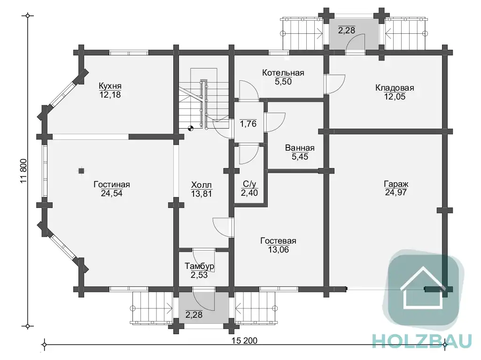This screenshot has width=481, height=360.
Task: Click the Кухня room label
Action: pyautogui.click(x=110, y=85)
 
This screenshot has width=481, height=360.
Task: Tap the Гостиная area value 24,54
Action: pyautogui.click(x=112, y=193)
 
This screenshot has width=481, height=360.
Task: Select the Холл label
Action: pyautogui.click(x=202, y=185)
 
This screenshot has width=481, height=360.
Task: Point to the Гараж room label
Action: pyautogui.click(x=396, y=184)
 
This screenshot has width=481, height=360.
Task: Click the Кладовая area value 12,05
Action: pyautogui.click(x=395, y=97)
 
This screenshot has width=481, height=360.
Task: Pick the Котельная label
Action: pyautogui.click(x=283, y=73)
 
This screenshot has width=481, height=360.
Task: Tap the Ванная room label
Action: pyautogui.click(x=300, y=148)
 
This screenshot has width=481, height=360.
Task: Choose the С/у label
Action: pyautogui.click(x=249, y=184)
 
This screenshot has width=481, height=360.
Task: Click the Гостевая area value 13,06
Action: pyautogui.click(x=279, y=250)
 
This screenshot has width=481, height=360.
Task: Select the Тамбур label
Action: pyautogui.click(x=199, y=266)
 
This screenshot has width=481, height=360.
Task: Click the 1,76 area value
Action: pyautogui.click(x=248, y=123)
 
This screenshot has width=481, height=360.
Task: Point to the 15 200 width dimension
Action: pyautogui.click(x=244, y=340)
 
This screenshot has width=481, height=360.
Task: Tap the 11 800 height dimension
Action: pyautogui.click(x=24, y=171)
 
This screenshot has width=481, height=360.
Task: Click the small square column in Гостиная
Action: pyautogui.click(x=81, y=171)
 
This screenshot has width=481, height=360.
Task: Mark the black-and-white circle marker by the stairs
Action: pyautogui.click(x=191, y=129)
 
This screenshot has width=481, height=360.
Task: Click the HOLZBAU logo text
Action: pyautogui.click(x=422, y=341)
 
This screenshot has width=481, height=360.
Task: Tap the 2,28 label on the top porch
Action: pyautogui.click(x=347, y=30)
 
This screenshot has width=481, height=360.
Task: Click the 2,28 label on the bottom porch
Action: pyautogui.click(x=194, y=314)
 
